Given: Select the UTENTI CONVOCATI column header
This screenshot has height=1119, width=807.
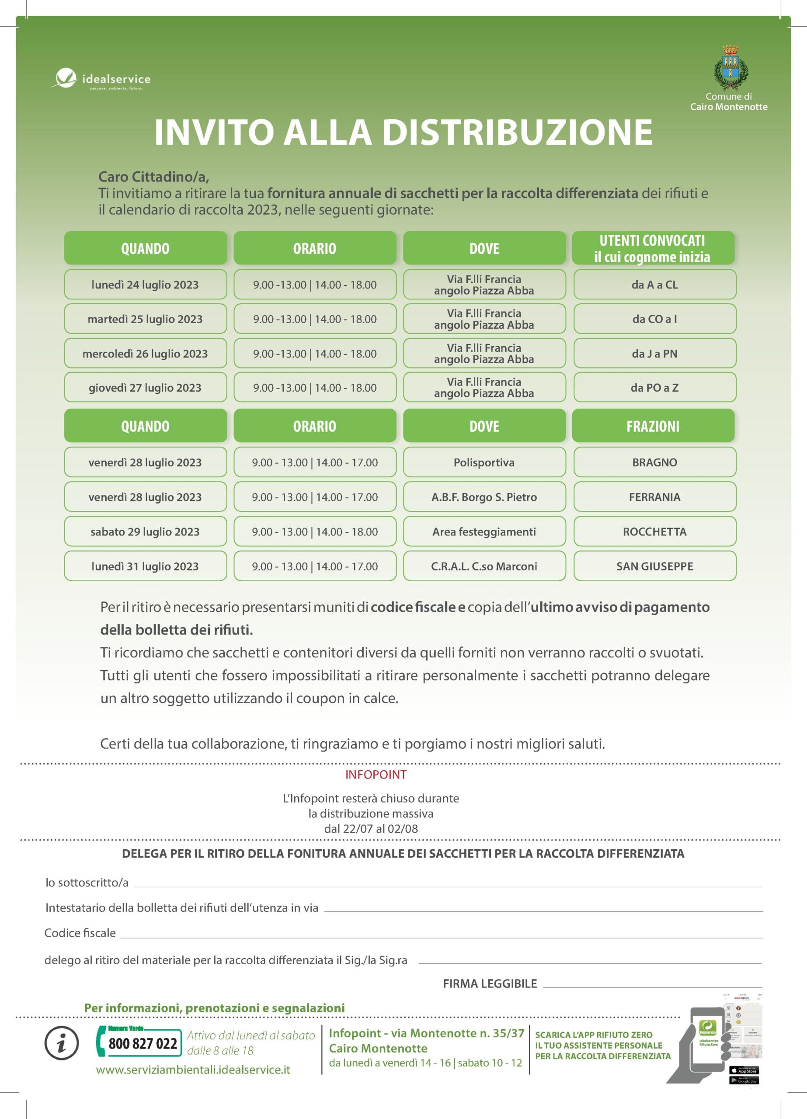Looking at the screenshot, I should point(653,248).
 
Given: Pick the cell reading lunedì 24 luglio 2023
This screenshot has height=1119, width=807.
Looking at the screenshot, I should point(145,285).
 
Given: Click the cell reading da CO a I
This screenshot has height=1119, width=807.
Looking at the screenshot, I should point(654,319).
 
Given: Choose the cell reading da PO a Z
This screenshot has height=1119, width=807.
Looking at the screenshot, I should point(654,388).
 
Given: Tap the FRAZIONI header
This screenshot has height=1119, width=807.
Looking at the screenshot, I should point(653,426).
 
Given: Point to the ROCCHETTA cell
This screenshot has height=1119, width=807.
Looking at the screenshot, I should point(654,532).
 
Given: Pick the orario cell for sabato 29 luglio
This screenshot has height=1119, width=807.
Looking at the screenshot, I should point(315,532).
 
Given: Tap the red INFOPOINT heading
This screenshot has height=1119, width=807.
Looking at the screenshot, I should point(376,775).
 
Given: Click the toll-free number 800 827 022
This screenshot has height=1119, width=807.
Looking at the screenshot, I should point(143,1043).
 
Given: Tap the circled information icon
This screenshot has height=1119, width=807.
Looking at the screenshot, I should point(62,1043).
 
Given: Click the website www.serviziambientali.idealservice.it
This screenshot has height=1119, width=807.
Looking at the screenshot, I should point(193,1070).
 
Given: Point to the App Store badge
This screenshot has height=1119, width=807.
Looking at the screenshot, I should point(744,1070).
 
